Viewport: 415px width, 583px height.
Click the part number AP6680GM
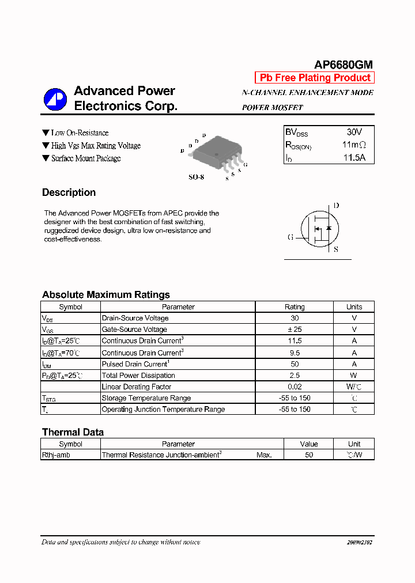[x=344, y=65]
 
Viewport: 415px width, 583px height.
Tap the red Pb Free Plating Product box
[x=315, y=78]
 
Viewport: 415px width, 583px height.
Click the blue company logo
[x=55, y=99]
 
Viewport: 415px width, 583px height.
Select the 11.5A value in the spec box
[x=354, y=157]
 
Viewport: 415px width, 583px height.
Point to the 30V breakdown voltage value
[x=354, y=132]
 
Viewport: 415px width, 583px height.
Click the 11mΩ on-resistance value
[x=354, y=145]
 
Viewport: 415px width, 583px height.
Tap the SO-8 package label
[x=196, y=177]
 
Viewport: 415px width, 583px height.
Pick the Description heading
[x=69, y=192]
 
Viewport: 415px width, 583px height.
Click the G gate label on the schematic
[x=290, y=237]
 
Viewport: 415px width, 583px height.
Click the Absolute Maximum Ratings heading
[x=105, y=294]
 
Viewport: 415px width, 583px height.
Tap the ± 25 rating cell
[x=295, y=330]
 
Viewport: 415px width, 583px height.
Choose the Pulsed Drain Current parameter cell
[x=135, y=364]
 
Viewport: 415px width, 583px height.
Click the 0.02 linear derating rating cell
[x=295, y=387]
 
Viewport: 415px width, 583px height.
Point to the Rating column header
[x=295, y=307]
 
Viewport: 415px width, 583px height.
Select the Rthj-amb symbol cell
[x=56, y=455]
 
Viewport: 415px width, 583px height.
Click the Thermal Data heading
[x=73, y=432]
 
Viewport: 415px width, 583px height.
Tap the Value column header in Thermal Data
[x=309, y=444]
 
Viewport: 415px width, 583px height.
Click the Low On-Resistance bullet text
[x=79, y=133]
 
